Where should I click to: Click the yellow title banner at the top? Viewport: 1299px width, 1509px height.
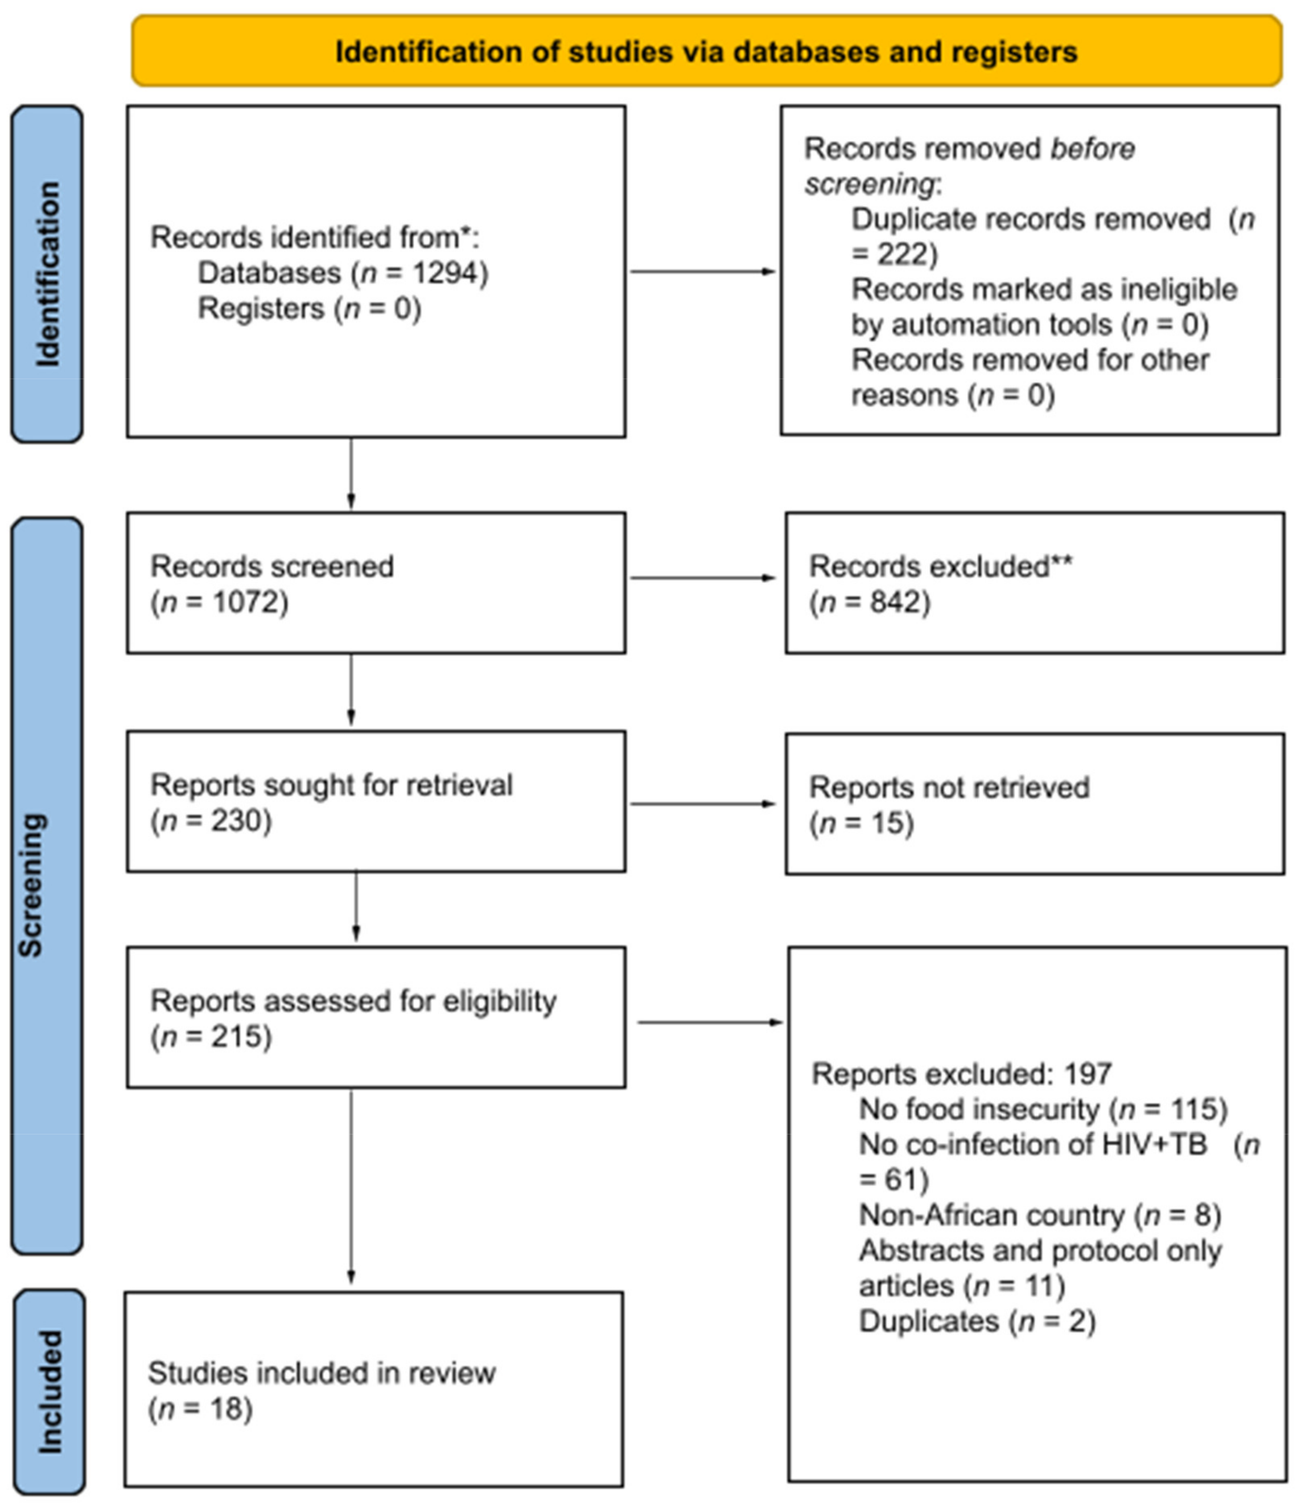(706, 51)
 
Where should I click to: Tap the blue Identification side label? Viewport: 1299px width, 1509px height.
(47, 274)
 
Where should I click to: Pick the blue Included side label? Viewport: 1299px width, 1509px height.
(49, 1392)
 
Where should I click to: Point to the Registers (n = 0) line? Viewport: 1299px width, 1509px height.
(309, 309)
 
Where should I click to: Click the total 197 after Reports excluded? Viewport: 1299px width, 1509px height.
(1088, 1074)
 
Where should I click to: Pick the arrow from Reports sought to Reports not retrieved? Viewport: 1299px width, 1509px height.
(703, 804)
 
